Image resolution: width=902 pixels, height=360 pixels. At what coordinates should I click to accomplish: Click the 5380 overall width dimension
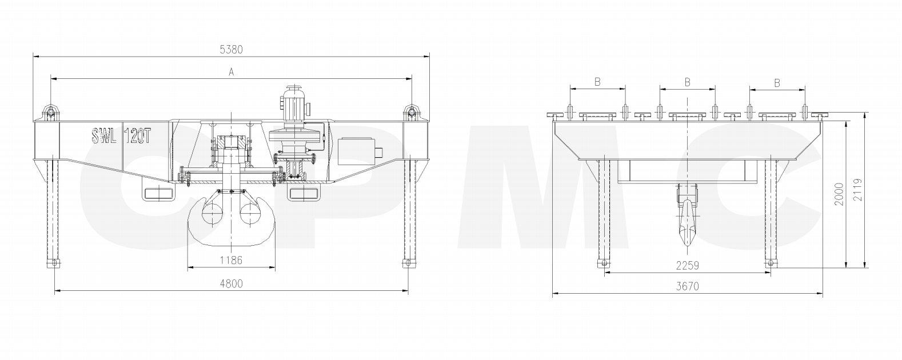(231, 50)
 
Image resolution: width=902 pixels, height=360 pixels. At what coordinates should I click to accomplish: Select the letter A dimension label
(231, 72)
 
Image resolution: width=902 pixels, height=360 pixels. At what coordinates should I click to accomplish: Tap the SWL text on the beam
(104, 136)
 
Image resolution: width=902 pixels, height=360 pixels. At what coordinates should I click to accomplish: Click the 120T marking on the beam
(138, 136)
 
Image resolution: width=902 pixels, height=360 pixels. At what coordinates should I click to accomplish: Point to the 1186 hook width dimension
(231, 260)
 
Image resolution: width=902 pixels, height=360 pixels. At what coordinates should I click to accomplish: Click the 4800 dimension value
(231, 284)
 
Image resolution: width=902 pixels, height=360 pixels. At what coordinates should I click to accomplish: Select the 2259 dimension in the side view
(688, 266)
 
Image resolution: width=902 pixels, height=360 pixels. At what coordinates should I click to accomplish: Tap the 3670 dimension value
(688, 286)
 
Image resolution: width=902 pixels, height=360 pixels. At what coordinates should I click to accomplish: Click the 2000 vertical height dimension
(839, 194)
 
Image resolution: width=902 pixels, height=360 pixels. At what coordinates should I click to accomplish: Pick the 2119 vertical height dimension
(858, 190)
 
